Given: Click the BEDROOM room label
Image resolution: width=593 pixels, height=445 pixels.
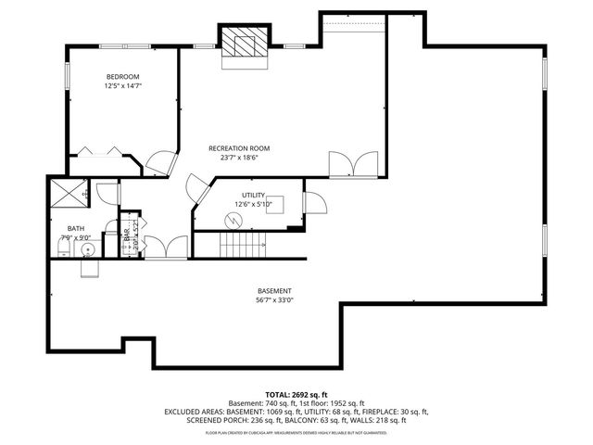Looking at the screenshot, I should click(122, 76).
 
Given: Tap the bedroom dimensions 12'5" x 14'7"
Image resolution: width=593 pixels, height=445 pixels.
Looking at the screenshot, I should click(122, 85).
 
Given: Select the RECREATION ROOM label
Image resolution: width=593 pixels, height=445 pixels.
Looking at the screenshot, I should click(239, 148).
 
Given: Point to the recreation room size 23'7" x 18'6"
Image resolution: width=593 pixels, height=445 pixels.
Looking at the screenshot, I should click(239, 158).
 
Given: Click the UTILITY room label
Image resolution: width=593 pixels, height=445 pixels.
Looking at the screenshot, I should click(253, 195).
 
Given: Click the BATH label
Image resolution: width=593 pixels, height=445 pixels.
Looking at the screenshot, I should click(75, 228).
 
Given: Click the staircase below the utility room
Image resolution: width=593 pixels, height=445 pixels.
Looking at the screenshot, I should click(241, 246).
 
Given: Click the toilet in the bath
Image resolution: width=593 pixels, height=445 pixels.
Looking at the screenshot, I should click(90, 267).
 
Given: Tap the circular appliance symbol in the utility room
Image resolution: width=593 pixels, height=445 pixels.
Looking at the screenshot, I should click(231, 220).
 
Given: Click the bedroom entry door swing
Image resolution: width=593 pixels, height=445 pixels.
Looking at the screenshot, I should click(158, 162).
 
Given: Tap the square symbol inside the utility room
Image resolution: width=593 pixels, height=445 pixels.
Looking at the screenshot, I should click(275, 207).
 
